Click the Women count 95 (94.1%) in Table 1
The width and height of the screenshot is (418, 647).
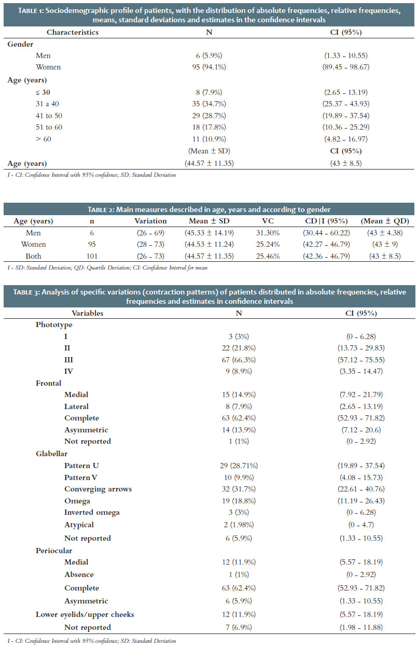click(x=209, y=67)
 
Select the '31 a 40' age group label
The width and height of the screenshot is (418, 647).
click(x=47, y=104)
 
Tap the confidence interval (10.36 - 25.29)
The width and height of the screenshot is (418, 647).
click(x=346, y=127)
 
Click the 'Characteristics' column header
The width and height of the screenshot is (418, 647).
click(x=73, y=32)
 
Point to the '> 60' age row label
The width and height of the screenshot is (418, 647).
click(x=44, y=139)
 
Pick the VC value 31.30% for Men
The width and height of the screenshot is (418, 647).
click(x=268, y=233)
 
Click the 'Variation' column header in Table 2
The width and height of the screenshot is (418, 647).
click(x=150, y=221)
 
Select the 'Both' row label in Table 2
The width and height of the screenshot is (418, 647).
click(x=33, y=256)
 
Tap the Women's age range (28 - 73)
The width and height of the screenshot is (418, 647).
click(x=150, y=244)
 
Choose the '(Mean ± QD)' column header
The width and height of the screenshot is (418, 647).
click(x=385, y=221)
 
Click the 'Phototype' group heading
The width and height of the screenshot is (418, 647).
click(x=54, y=325)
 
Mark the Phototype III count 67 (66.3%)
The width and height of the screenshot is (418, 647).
click(x=239, y=360)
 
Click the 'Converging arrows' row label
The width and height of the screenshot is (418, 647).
click(x=98, y=489)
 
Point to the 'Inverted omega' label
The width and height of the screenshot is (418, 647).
click(x=92, y=512)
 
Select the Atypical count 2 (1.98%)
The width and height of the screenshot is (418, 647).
click(x=239, y=525)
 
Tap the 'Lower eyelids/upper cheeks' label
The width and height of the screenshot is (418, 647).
click(x=85, y=614)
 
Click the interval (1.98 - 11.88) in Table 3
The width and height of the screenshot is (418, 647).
click(x=361, y=627)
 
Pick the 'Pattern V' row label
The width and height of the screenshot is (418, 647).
click(x=80, y=477)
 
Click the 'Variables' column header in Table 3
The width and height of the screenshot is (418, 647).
click(x=87, y=313)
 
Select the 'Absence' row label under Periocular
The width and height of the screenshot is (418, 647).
click(x=79, y=574)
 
